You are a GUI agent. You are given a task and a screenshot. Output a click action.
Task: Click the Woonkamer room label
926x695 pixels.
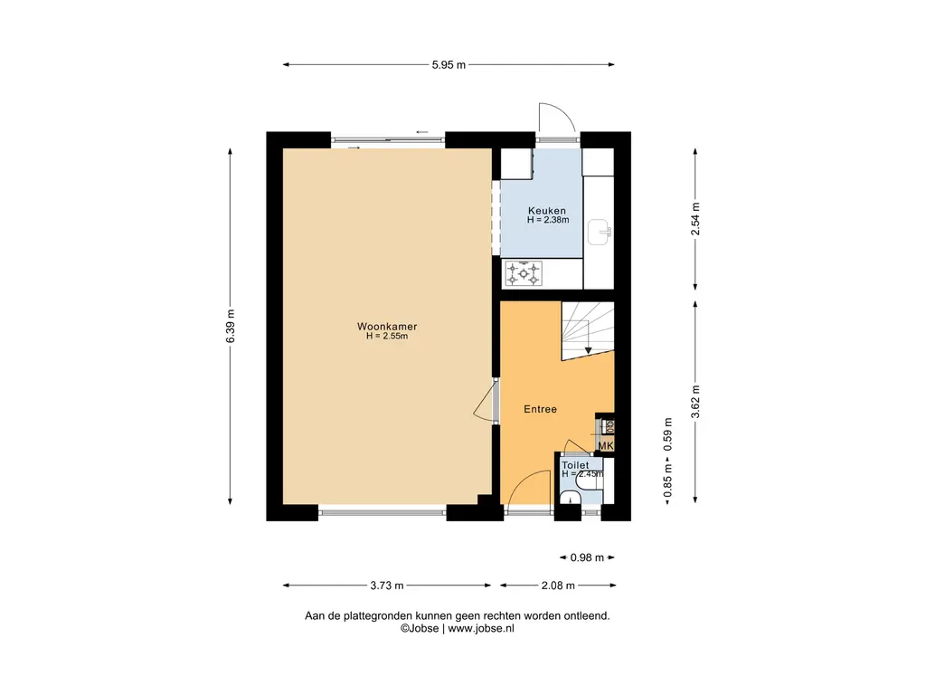(387, 326)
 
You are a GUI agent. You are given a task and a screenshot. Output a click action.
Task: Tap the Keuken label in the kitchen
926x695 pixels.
(547, 210)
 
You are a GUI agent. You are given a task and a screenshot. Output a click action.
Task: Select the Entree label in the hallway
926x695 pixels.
(541, 409)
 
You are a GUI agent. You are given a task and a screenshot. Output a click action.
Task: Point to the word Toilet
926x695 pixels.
(574, 465)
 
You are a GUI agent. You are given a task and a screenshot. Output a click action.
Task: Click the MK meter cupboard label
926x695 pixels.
(606, 446)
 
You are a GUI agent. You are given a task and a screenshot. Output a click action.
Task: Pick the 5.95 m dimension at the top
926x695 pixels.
(449, 65)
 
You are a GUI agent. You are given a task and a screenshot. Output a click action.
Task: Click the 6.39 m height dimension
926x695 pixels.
(231, 326)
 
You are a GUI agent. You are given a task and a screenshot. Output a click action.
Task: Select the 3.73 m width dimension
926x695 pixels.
(387, 586)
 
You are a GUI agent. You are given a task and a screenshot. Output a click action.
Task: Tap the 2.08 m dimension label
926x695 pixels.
(558, 586)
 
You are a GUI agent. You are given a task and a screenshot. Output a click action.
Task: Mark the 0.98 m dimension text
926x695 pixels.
(587, 557)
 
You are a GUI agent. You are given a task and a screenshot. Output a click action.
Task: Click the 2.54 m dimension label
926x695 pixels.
(695, 219)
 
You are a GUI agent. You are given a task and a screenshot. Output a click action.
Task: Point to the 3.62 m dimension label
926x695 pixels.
(695, 402)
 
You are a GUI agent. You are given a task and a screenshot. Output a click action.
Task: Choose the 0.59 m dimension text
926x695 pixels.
(668, 434)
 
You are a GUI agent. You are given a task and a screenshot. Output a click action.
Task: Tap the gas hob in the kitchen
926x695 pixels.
(524, 273)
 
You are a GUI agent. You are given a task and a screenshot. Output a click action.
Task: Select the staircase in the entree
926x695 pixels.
(588, 330)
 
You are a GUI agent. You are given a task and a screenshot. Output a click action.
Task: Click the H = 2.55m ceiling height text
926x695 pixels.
(387, 337)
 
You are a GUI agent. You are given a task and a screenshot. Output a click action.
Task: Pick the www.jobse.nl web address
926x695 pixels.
(481, 629)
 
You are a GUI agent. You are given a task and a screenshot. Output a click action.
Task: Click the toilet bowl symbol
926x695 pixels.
(588, 486)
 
